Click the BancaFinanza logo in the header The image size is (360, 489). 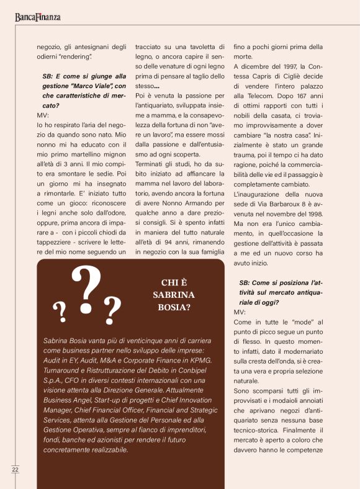pos(38,17)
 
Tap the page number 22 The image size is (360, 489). pos(15,470)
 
